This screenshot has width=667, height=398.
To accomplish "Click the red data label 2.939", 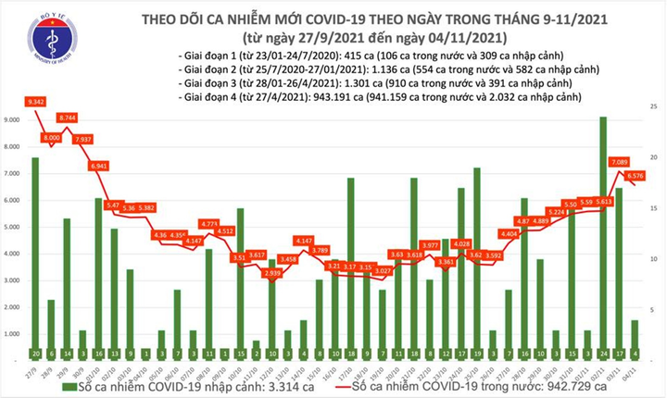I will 271,275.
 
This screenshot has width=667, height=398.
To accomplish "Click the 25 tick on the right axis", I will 653,109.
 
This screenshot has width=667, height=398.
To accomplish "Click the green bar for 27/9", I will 35,255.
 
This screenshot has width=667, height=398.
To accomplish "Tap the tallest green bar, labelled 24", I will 603,231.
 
